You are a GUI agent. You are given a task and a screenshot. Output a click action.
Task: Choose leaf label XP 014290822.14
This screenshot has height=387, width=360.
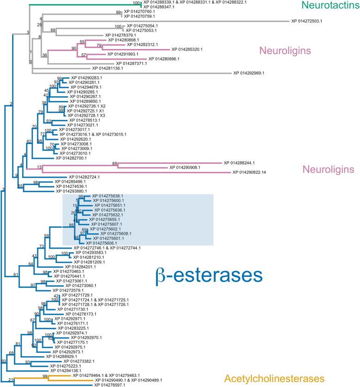click(261, 172)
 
